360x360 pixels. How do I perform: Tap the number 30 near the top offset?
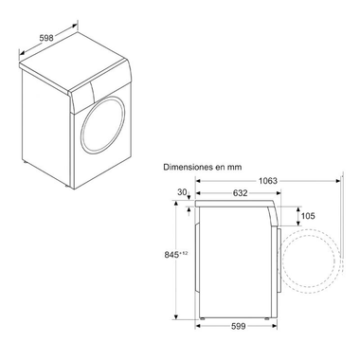tap(182, 192)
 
